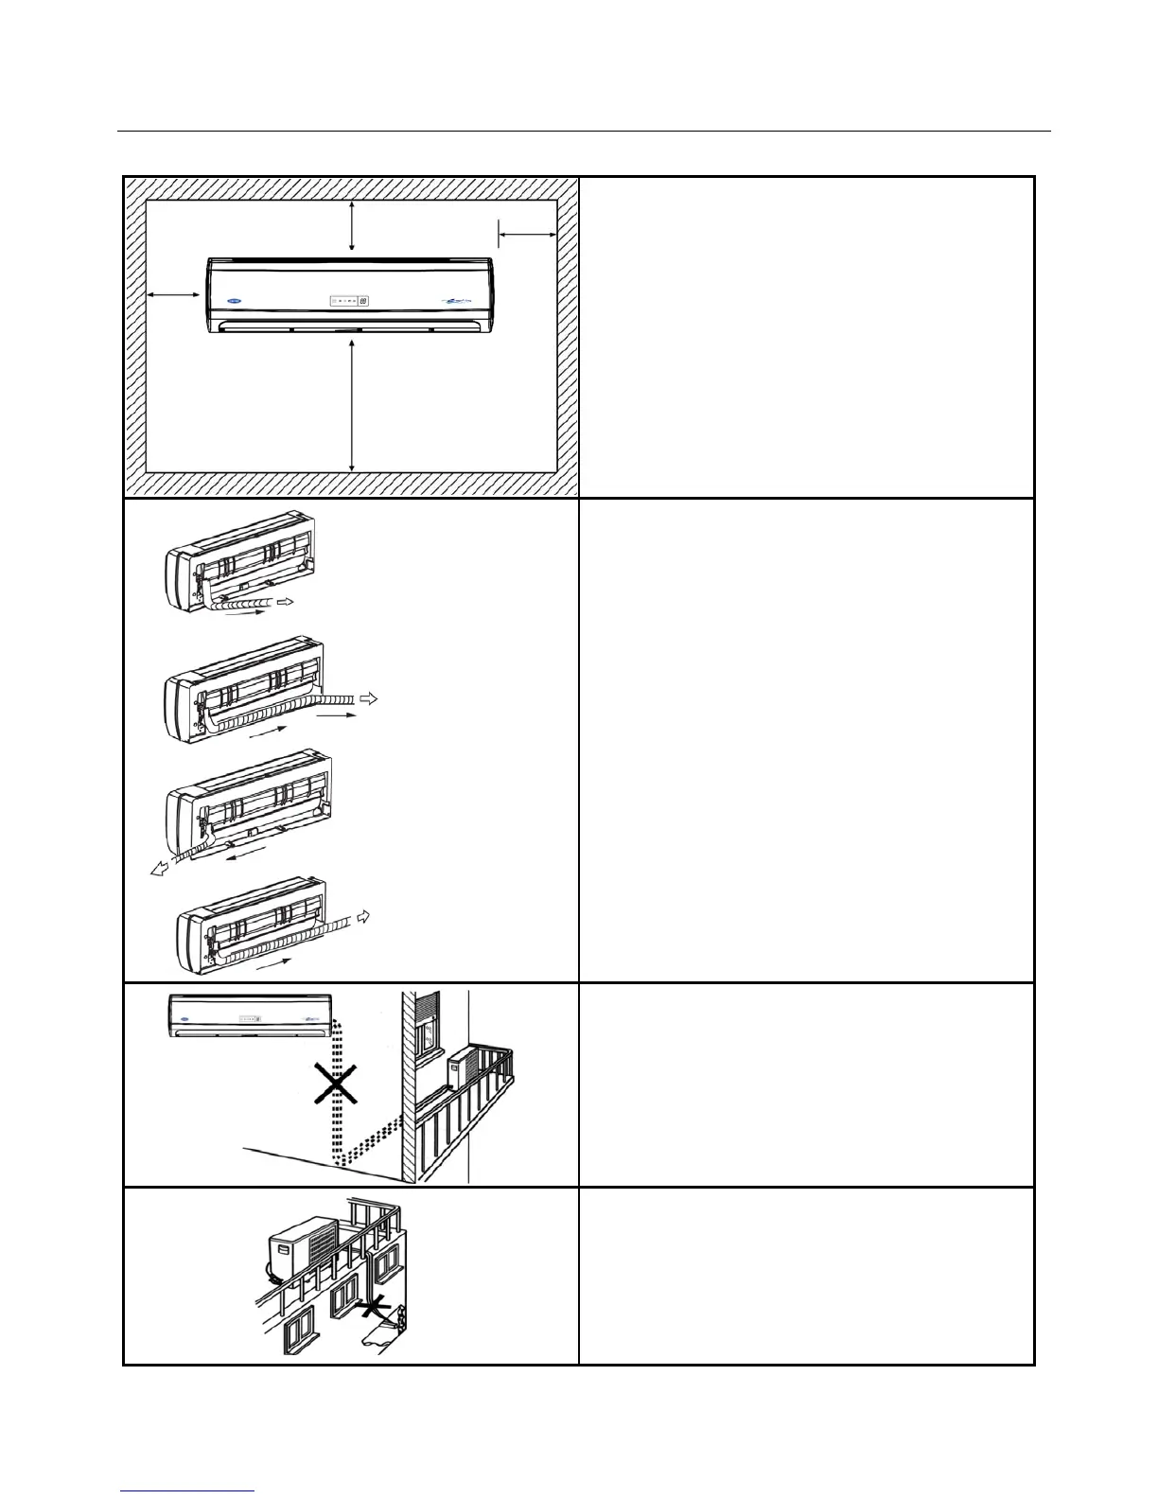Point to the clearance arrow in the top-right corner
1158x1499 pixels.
[x=527, y=232]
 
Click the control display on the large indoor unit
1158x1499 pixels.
[x=350, y=302]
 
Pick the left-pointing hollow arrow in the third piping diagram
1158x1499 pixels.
[x=163, y=869]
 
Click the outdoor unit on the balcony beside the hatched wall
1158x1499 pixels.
[x=463, y=1065]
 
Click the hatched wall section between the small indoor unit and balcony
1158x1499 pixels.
[x=410, y=1088]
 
